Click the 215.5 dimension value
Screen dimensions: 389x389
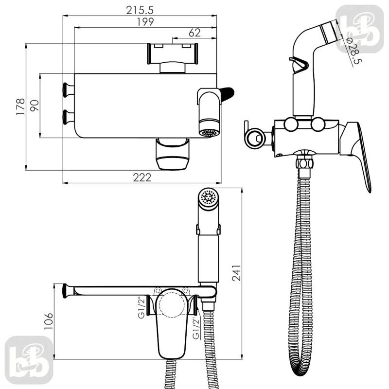(140, 10)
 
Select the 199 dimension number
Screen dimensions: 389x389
(145, 22)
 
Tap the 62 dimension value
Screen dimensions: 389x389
(194, 33)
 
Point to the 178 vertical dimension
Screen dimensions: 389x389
(20, 106)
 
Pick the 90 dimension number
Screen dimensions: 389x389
(35, 106)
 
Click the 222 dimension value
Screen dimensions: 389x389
(142, 177)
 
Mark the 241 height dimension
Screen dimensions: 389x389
(236, 273)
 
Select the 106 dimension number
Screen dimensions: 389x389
(49, 321)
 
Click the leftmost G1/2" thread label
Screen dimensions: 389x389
(141, 308)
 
